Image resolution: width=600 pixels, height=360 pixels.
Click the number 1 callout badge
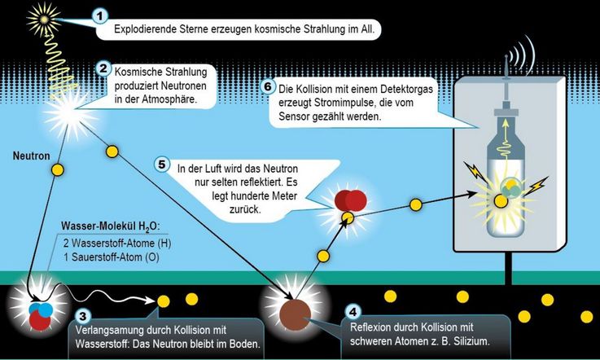pos(100,16)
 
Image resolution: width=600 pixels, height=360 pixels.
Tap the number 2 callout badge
pos(103,68)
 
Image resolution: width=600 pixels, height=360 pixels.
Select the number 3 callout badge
pos(83,316)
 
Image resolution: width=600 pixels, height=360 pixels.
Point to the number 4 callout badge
pos(353,312)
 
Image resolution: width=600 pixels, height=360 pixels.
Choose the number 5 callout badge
pos(162,165)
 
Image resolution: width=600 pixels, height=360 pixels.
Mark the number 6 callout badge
pos(268,86)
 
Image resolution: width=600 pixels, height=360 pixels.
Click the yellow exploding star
pos(44,20)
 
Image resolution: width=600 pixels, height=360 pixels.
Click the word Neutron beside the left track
pos(32,156)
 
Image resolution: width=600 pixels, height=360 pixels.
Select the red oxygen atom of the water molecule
pos(40,319)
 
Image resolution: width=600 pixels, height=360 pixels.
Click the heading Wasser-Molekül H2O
pos(109,226)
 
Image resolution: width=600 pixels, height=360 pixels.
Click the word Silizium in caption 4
pos(471,340)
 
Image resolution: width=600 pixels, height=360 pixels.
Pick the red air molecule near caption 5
pos(351,200)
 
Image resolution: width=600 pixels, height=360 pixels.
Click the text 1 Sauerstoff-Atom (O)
pos(112,257)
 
